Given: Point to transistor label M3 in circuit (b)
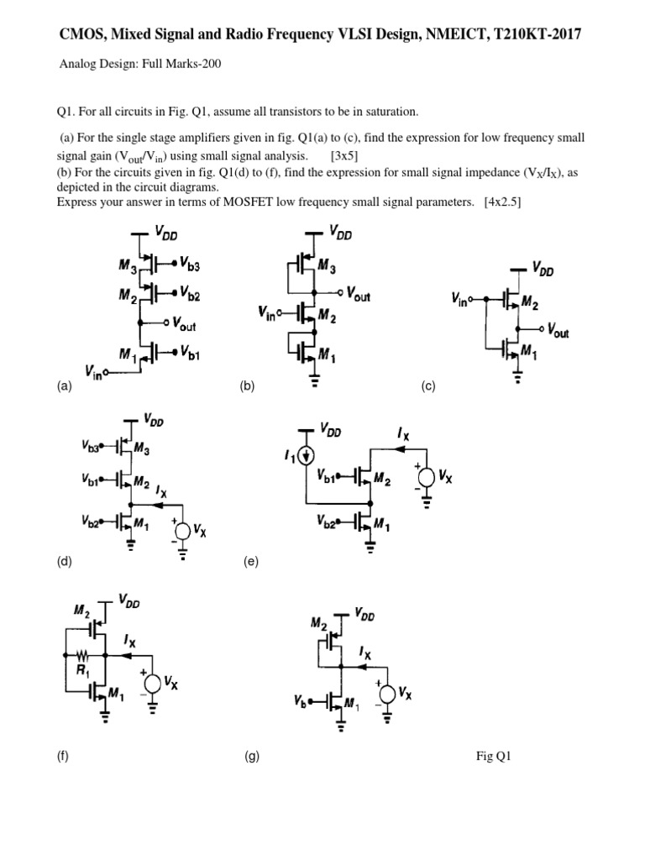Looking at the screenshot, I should [328, 265].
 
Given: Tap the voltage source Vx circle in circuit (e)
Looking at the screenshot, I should [426, 477].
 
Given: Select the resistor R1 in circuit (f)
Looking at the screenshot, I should [81, 655].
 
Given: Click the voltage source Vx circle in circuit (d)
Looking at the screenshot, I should [181, 531].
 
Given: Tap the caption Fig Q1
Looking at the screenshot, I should [493, 757].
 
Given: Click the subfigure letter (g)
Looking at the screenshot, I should [251, 756].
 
